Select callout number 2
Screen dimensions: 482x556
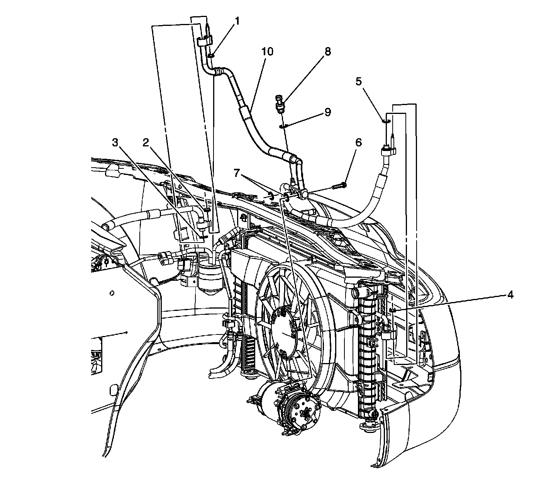(146, 143)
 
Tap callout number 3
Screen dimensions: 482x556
(115, 143)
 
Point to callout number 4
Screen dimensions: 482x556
(510, 295)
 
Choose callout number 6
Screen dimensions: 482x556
(359, 143)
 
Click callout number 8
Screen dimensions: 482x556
(328, 52)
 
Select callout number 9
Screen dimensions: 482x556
(328, 112)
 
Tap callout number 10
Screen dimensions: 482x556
(267, 52)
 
